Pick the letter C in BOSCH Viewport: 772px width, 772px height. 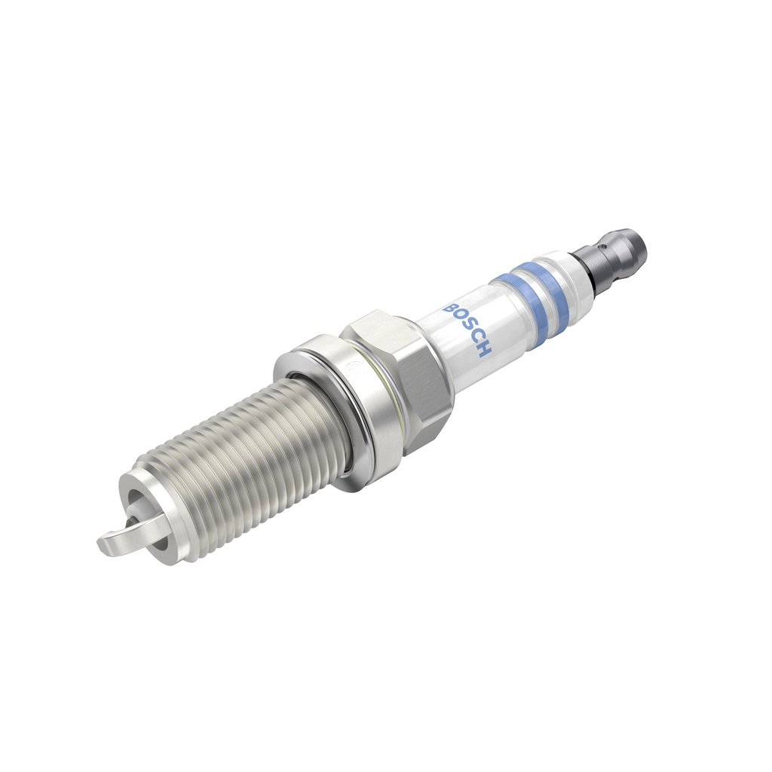(x=478, y=340)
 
